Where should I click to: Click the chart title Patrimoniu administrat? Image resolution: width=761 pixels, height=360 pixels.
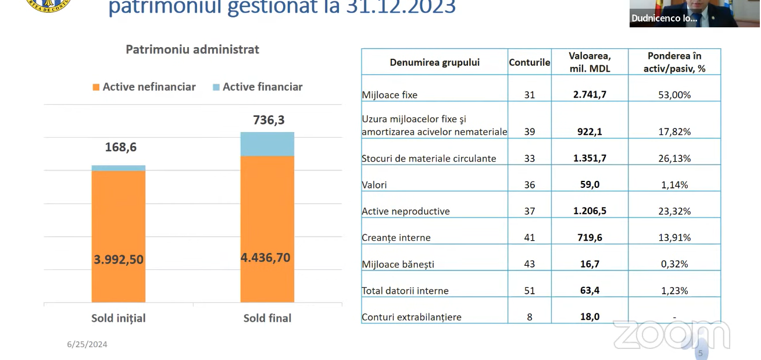(x=192, y=49)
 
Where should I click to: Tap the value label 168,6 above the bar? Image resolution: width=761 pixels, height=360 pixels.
(x=121, y=147)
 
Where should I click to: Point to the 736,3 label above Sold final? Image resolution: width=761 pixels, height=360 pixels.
(x=269, y=120)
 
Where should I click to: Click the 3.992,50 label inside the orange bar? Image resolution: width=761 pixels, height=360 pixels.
(x=119, y=259)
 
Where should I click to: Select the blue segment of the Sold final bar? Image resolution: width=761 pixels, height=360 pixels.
(x=267, y=144)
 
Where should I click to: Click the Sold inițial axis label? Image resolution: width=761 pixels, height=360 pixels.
(x=119, y=318)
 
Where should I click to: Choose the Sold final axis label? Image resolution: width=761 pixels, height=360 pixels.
(x=267, y=318)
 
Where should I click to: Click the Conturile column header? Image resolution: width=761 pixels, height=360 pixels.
(x=529, y=62)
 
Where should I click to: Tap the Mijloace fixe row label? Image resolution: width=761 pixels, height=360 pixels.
(x=390, y=95)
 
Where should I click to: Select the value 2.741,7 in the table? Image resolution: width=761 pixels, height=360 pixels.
(x=589, y=94)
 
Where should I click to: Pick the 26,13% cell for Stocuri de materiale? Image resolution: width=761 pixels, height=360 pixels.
(x=674, y=158)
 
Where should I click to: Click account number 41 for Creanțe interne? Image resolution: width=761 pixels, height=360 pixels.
(x=529, y=237)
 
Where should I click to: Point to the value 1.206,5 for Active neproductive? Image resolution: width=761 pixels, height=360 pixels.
(x=589, y=211)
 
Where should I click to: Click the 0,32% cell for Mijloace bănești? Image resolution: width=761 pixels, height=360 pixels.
(x=674, y=264)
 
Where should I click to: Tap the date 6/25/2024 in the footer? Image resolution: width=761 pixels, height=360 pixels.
(x=87, y=344)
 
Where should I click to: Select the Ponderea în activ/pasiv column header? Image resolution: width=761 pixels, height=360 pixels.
(x=674, y=62)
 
